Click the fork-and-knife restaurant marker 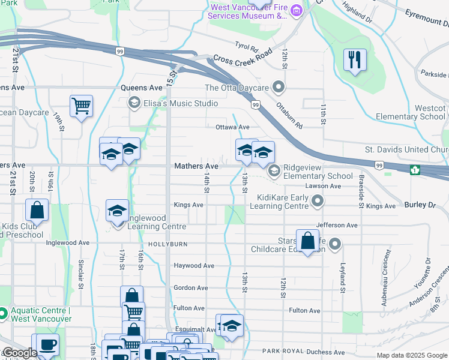(x=355, y=60)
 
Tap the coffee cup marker (x=47, y=345)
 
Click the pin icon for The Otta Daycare (x=278, y=88)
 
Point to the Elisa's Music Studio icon (x=134, y=103)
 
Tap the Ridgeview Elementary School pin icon (x=274, y=172)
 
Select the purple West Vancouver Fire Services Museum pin (x=296, y=11)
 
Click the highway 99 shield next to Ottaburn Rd (x=256, y=105)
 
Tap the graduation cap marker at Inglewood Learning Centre (x=117, y=211)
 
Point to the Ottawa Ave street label (x=232, y=127)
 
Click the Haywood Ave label (x=194, y=265)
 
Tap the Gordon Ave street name (x=190, y=288)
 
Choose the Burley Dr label (x=427, y=205)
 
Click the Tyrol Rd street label (x=246, y=46)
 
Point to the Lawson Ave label (x=323, y=186)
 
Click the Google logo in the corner (x=19, y=353)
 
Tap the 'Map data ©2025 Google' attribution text (x=412, y=355)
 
